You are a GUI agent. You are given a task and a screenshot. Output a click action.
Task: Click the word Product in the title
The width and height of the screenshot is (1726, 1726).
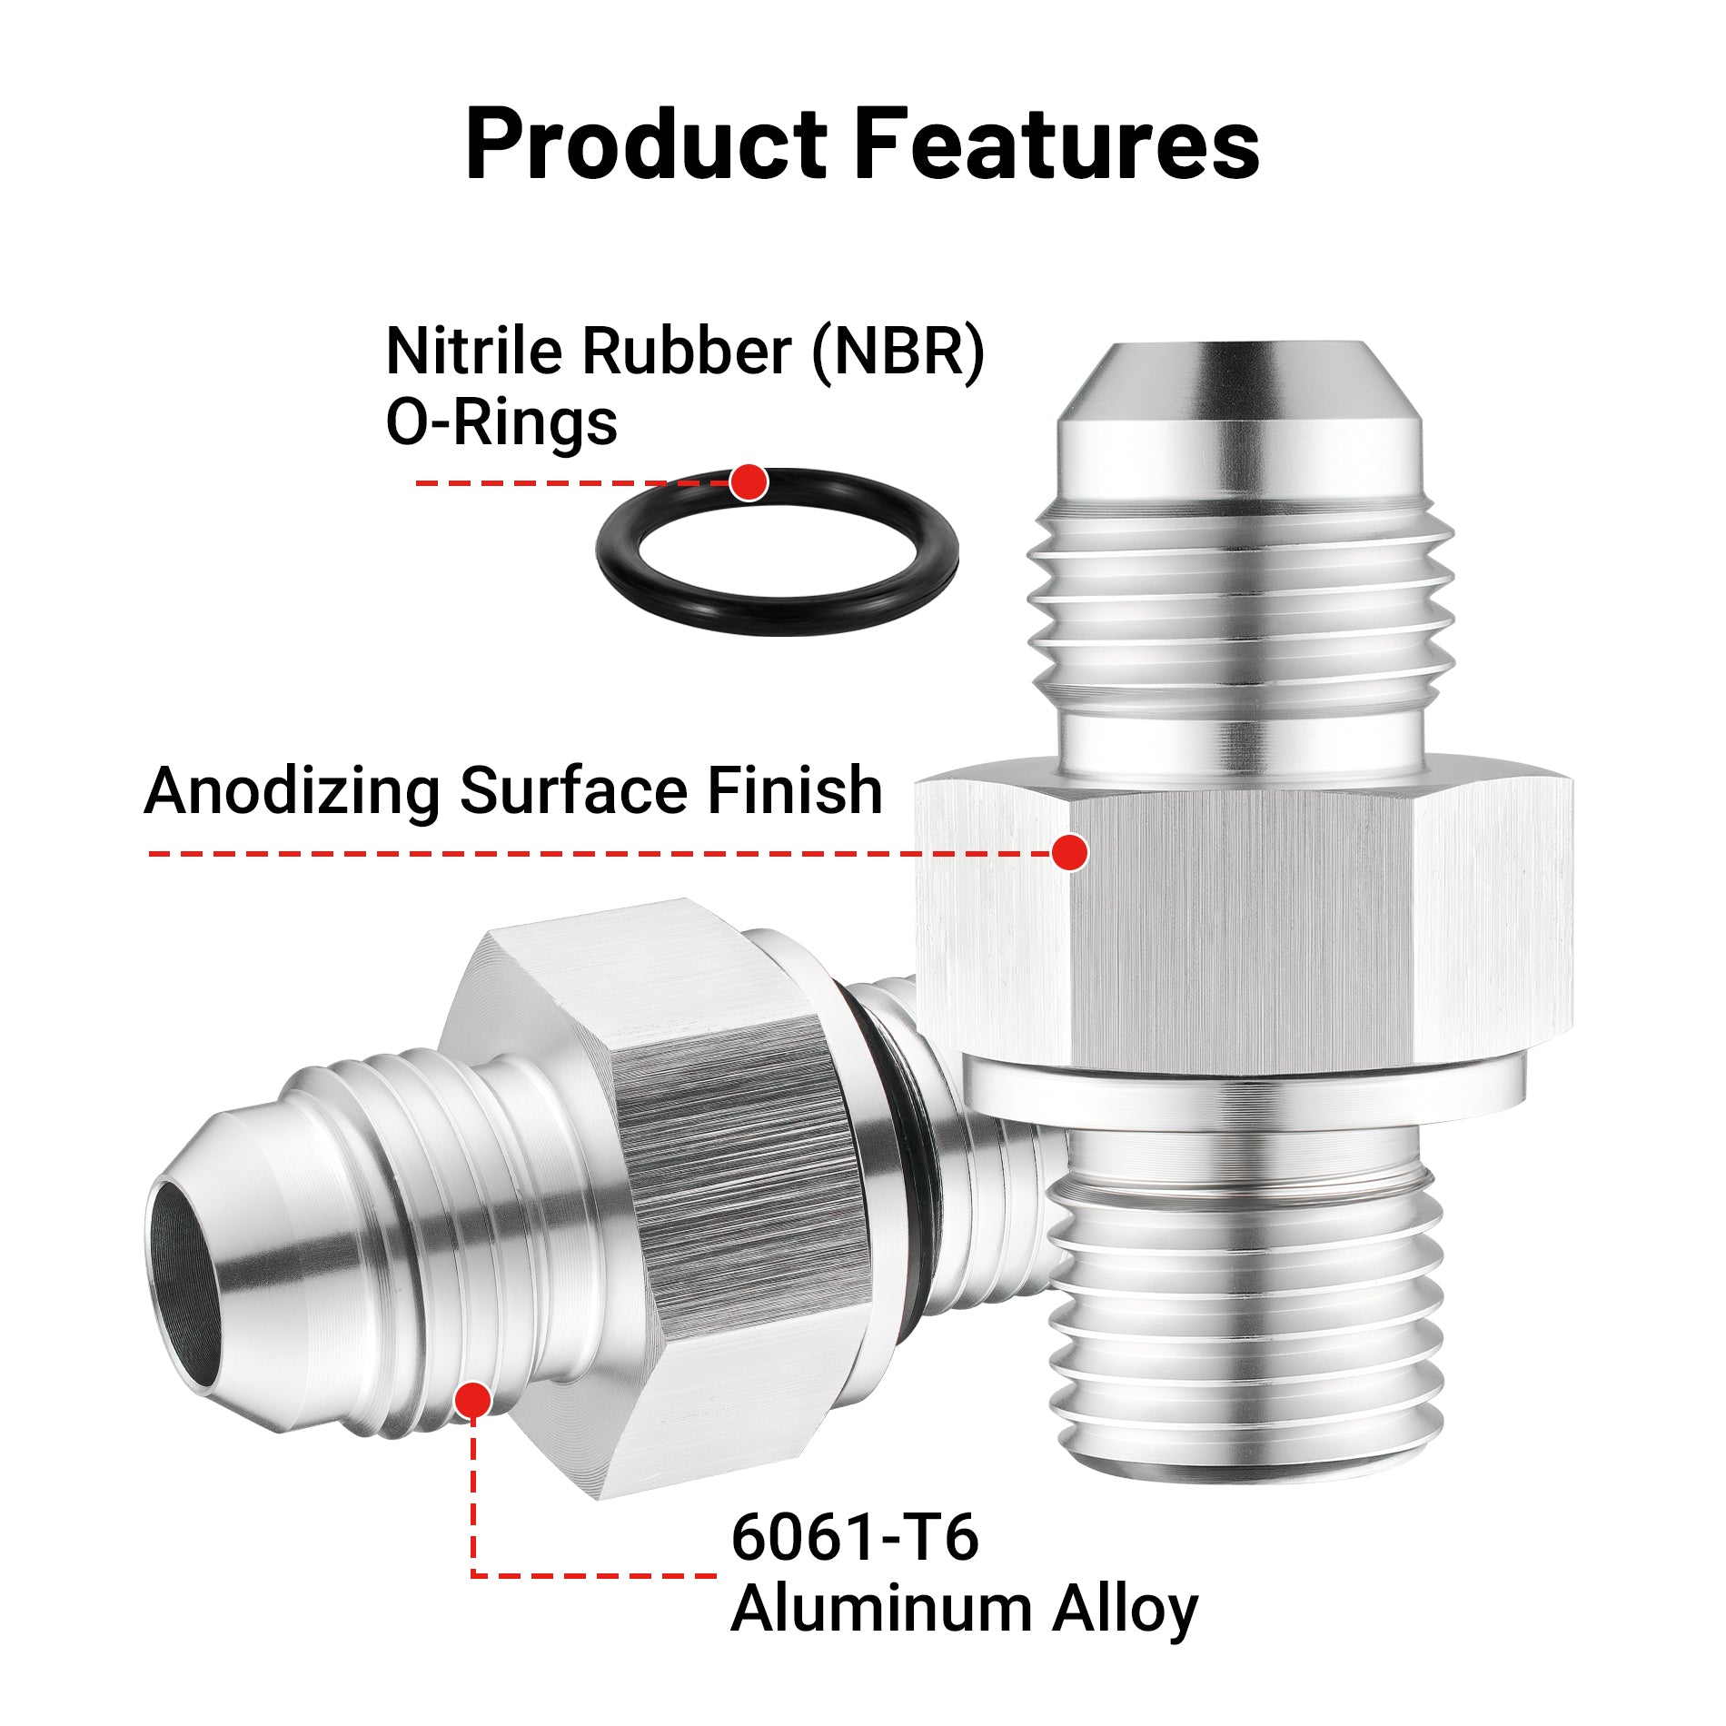point(647,144)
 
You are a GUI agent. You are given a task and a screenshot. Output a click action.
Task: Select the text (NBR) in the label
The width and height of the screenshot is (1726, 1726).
point(898,352)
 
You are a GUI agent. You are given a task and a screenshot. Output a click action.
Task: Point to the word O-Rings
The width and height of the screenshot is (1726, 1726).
point(501,423)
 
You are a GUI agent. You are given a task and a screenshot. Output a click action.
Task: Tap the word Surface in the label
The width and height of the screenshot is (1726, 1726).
point(573,790)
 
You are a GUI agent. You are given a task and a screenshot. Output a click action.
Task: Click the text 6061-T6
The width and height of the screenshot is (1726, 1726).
point(855,1537)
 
